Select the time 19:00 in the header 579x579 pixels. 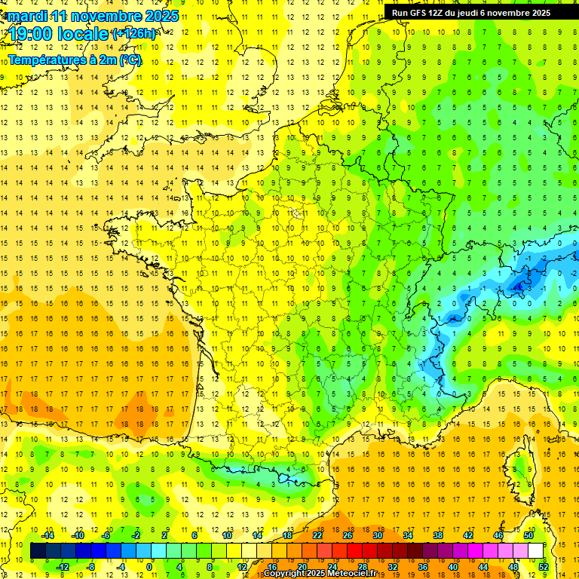(34, 34)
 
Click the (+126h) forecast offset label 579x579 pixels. (134, 34)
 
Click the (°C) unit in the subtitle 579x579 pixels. (129, 60)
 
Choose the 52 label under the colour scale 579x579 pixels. (544, 566)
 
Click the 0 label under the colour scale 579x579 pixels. (149, 566)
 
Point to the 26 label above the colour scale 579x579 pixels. (348, 535)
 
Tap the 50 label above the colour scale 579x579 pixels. (528, 535)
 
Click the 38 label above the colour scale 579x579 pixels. (437, 535)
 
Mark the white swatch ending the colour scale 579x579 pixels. (536, 551)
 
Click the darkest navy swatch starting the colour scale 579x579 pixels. (38, 551)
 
